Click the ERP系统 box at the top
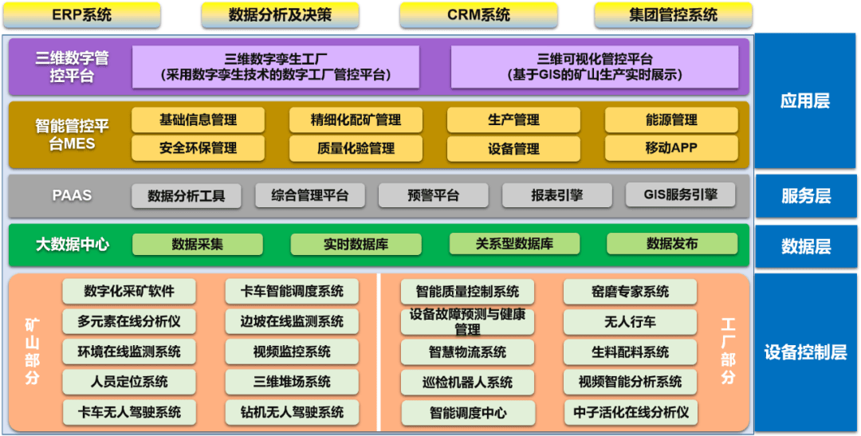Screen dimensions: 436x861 (81, 15)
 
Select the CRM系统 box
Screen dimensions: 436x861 (478, 15)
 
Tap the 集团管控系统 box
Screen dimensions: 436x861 (673, 15)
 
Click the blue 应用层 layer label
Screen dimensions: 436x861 (805, 101)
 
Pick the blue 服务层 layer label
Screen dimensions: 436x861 (805, 196)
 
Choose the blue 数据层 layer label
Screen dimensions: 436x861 (805, 246)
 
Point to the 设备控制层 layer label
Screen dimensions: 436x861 (805, 352)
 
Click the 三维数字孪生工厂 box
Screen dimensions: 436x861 (275, 67)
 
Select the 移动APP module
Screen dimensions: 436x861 (670, 148)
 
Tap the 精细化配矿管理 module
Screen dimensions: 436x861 (356, 120)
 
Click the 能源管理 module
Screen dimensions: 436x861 (670, 120)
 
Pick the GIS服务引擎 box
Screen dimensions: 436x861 (681, 195)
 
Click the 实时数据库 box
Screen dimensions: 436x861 (356, 245)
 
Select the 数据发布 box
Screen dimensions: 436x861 (671, 244)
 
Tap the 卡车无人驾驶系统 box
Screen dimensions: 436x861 (129, 412)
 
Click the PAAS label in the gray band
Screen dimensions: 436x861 (72, 195)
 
